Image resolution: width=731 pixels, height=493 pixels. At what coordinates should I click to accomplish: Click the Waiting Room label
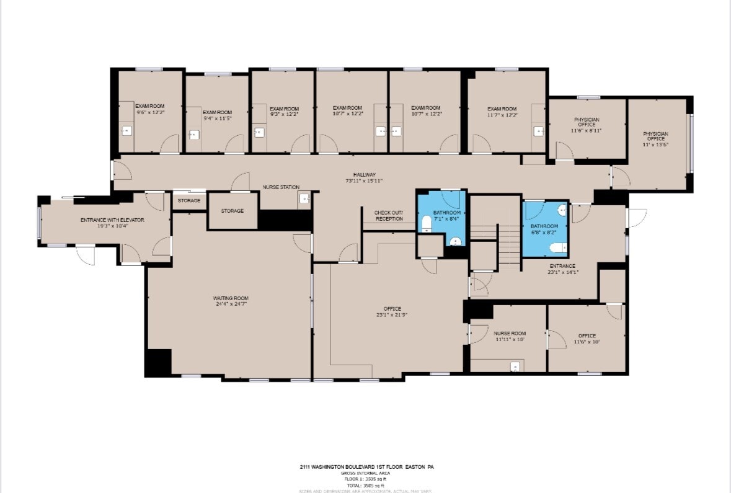(x=231, y=298)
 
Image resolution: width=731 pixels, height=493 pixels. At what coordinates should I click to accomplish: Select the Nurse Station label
(x=281, y=187)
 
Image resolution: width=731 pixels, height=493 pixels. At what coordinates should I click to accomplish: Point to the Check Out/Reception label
(x=388, y=216)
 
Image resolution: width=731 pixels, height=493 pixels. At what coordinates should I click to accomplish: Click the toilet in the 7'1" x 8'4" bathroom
(x=427, y=224)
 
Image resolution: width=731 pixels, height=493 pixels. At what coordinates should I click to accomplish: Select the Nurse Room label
(x=510, y=334)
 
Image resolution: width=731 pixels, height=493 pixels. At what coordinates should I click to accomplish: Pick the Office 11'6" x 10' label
(x=587, y=339)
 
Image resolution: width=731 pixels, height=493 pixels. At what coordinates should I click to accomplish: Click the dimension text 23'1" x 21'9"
(x=392, y=315)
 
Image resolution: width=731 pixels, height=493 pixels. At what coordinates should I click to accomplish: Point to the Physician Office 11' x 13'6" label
(x=655, y=136)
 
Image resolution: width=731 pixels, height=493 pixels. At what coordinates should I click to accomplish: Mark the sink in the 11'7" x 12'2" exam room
(x=539, y=131)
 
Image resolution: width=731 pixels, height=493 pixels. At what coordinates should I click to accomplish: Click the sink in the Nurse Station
(x=303, y=199)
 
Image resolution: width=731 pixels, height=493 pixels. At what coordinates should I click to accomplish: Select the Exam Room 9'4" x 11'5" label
(x=217, y=114)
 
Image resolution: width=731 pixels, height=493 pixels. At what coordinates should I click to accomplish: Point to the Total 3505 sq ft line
(x=365, y=484)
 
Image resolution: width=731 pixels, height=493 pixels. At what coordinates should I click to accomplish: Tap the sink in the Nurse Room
(x=515, y=366)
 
